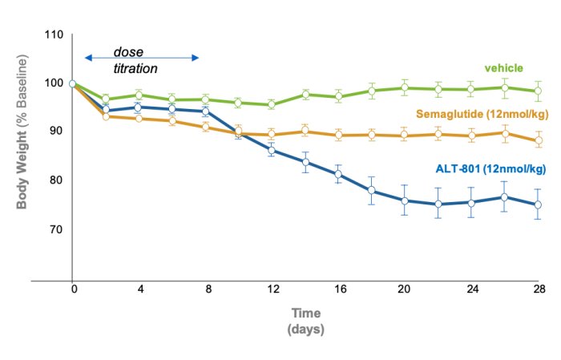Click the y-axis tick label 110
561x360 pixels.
[x=54, y=34]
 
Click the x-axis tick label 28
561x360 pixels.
[x=539, y=289]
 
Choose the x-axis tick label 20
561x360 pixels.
[x=405, y=289]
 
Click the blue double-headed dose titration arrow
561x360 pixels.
[x=141, y=58]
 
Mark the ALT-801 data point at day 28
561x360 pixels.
[x=538, y=204]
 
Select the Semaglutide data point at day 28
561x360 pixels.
[x=538, y=140]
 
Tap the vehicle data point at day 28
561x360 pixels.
[x=538, y=91]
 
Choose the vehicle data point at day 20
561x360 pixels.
[x=405, y=87]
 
